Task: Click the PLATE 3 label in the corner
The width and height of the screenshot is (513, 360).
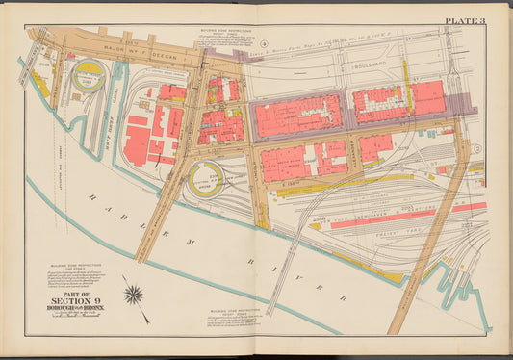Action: [466, 20]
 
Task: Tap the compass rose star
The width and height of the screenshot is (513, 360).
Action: [134, 294]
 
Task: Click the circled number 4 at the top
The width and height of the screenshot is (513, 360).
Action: [263, 44]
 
